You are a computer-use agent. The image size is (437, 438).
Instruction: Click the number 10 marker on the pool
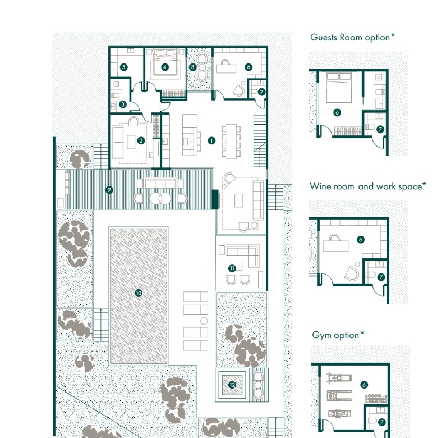click(x=139, y=293)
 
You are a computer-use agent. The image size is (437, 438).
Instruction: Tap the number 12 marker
click(x=232, y=385)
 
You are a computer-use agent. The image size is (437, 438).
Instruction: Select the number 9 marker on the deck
click(x=109, y=190)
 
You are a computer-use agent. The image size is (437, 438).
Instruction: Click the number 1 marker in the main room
click(x=211, y=140)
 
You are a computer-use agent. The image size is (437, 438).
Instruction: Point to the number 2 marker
click(x=141, y=140)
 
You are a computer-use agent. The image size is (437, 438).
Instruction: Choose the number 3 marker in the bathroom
click(x=123, y=104)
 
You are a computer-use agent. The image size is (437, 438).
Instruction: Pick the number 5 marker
click(x=123, y=67)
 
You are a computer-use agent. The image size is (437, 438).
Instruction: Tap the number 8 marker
click(x=192, y=67)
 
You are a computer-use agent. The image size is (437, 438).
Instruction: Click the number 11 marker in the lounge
click(x=232, y=268)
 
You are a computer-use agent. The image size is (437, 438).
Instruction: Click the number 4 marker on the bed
click(x=165, y=67)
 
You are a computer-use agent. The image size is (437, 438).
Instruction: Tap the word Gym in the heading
click(x=321, y=335)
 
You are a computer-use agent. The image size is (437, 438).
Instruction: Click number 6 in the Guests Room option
click(x=337, y=112)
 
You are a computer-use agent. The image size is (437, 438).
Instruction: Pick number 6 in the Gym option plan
click(x=364, y=385)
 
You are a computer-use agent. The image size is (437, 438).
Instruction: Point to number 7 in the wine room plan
click(x=381, y=277)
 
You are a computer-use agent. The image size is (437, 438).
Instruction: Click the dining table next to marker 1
click(x=231, y=142)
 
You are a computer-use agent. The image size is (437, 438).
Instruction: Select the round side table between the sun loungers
click(x=204, y=321)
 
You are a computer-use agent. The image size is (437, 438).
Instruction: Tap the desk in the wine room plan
click(x=335, y=246)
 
